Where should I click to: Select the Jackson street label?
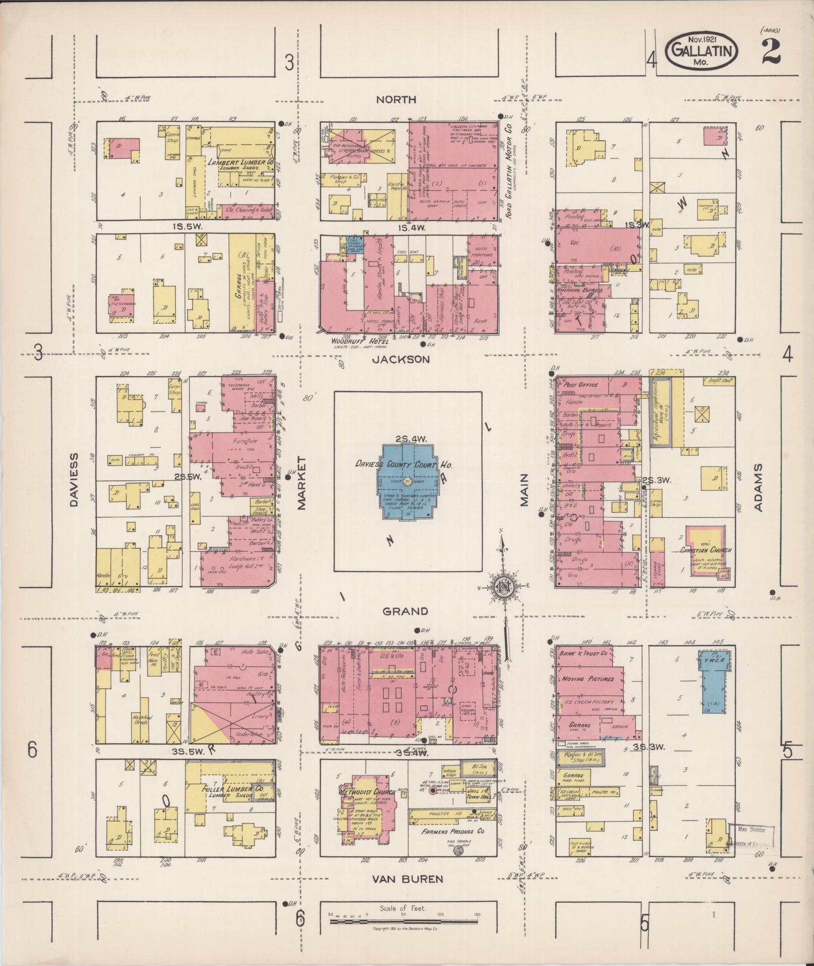401,360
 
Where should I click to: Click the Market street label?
302,483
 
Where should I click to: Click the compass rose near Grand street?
503,586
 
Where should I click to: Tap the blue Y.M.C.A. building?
712,682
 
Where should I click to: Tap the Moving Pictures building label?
587,678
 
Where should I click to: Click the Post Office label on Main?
581,385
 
